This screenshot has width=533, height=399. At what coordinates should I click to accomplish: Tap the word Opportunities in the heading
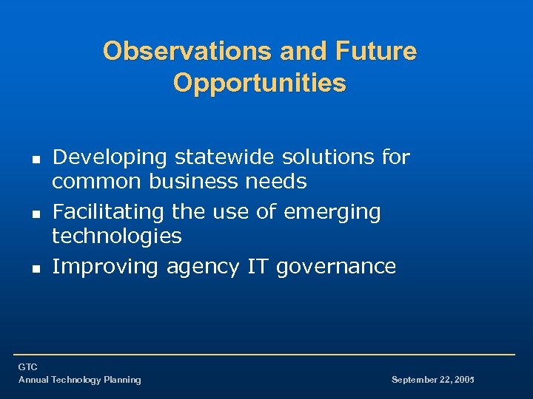click(260, 83)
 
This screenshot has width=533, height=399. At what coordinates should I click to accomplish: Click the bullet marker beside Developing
click(35, 158)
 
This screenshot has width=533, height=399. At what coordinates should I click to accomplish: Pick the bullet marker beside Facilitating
click(35, 213)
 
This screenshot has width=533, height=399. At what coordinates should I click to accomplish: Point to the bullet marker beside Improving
click(35, 267)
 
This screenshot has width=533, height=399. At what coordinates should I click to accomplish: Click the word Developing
click(110, 157)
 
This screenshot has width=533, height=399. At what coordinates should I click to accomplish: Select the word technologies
click(116, 236)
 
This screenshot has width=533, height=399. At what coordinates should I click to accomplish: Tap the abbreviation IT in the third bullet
click(258, 266)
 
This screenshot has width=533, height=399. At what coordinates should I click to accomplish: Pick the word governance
click(336, 267)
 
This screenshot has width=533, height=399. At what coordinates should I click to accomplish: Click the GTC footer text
click(27, 367)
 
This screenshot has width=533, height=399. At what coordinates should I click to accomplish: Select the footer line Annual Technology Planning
click(79, 380)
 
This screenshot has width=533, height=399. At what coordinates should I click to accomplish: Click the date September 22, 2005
click(432, 380)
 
